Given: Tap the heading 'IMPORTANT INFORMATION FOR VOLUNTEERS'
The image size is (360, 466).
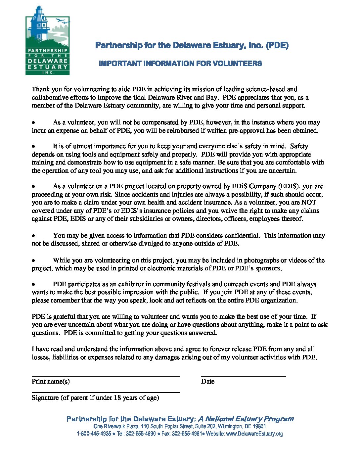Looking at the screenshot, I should [180, 64].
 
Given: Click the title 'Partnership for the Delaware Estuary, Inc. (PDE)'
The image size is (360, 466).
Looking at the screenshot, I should [192, 45].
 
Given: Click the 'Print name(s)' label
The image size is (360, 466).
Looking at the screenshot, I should [51, 382].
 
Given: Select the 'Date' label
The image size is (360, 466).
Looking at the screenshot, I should [208, 382].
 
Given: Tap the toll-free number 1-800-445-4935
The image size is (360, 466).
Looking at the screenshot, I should [94, 434].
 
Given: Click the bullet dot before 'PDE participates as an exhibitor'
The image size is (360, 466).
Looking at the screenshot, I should [33, 284].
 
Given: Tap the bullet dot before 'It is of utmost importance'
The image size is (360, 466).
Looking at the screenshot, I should [33, 146].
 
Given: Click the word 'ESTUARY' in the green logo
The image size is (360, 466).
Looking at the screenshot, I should [48, 67].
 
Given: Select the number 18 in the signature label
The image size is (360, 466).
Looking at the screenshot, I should [117, 398].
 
